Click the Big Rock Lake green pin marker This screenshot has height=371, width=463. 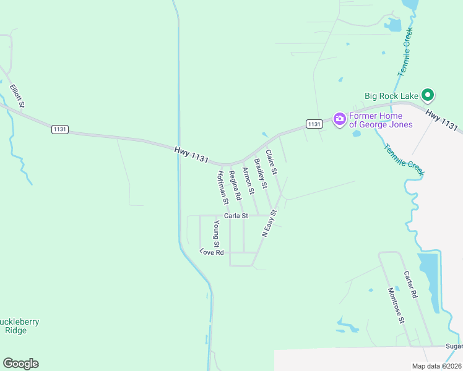coord(427,95)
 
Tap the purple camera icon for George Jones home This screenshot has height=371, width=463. coord(339,119)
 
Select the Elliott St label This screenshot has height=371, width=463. coord(17,96)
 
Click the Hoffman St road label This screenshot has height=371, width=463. coord(223,188)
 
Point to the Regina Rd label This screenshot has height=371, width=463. coord(235,185)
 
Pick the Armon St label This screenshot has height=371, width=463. coord(248,181)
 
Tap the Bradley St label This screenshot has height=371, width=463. coord(261,173)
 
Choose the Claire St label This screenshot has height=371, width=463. coord(272,162)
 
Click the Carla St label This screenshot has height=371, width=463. coord(236,216)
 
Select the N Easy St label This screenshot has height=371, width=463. coord(269,223)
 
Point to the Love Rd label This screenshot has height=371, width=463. coord(211,252)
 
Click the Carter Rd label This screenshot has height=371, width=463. coord(411,284)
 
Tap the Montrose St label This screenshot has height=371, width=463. coord(396,305)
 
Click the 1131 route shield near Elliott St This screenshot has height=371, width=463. coord(60,129)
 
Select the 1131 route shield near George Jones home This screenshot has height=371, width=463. coord(314,124)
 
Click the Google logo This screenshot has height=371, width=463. coord(20,364)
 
